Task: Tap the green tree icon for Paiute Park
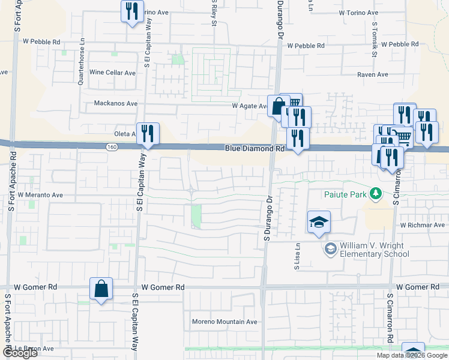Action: pos(376,193)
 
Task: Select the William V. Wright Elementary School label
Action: pos(375,250)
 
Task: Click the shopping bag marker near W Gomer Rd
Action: pos(101,289)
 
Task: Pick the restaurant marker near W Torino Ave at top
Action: pos(132,11)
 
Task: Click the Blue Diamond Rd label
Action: pos(255,148)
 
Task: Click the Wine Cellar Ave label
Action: pos(113,73)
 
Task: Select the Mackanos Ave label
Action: pos(116,103)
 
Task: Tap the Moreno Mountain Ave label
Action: pos(224,322)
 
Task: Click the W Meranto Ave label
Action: pos(40,195)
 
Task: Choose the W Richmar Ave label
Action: pos(423,225)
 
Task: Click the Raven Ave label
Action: pos(373,74)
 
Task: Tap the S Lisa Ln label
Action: pos(297,256)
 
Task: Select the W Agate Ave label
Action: pos(250,106)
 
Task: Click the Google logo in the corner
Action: pos(19,353)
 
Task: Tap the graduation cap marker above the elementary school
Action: pos(319,223)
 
